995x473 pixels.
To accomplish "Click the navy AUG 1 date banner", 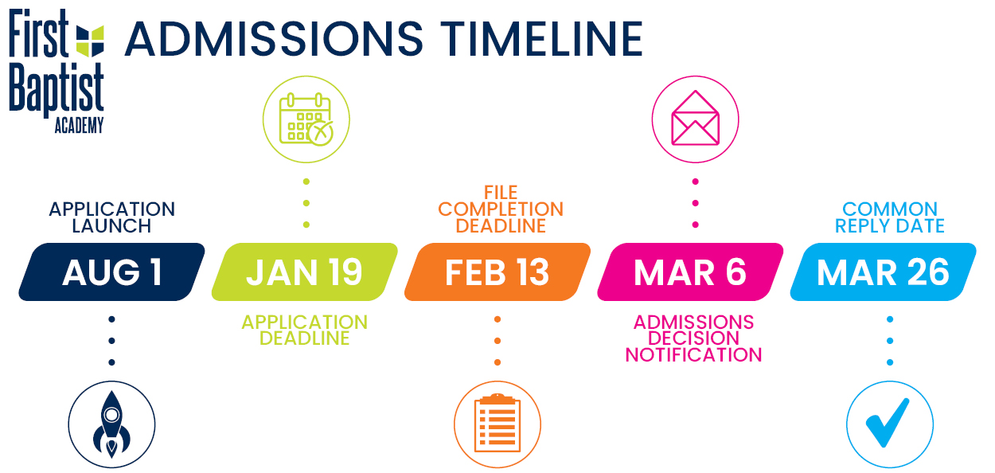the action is pyautogui.click(x=112, y=272).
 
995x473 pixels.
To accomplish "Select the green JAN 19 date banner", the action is pyautogui.click(x=305, y=272).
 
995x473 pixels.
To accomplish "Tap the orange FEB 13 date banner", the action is pyautogui.click(x=497, y=272).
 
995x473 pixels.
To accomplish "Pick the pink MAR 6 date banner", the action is pyautogui.click(x=690, y=272).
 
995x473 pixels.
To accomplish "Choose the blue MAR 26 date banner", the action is pyautogui.click(x=883, y=272).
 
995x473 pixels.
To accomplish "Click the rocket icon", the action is pyautogui.click(x=112, y=424).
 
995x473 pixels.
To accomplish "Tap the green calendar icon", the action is pyautogui.click(x=306, y=119).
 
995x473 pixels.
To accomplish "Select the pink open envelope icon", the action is pyautogui.click(x=695, y=118).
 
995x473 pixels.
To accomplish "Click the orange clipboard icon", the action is pyautogui.click(x=497, y=423).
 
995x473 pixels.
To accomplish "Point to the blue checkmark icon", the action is pyautogui.click(x=888, y=422).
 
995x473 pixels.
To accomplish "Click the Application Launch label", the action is pyautogui.click(x=112, y=217).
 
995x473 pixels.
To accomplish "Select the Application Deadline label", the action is pyautogui.click(x=305, y=330).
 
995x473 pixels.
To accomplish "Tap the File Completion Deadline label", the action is pyautogui.click(x=501, y=209).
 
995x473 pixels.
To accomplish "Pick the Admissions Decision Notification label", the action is pyautogui.click(x=693, y=338).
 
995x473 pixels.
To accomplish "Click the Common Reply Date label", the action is pyautogui.click(x=890, y=217).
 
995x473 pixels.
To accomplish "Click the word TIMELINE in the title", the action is pyautogui.click(x=541, y=39).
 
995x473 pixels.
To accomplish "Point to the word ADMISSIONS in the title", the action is pyautogui.click(x=274, y=39).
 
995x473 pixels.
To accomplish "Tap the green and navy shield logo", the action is pyautogui.click(x=90, y=41).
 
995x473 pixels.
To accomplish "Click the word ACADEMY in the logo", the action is pyautogui.click(x=79, y=125).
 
